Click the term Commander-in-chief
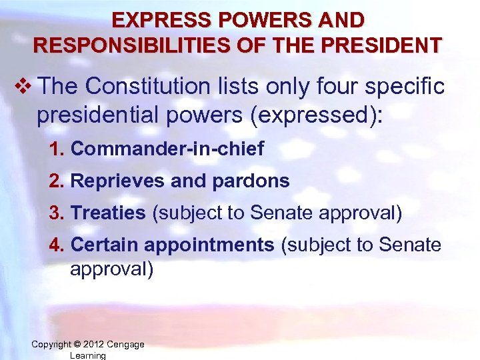pos(167,149)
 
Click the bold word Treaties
pos(108,213)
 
